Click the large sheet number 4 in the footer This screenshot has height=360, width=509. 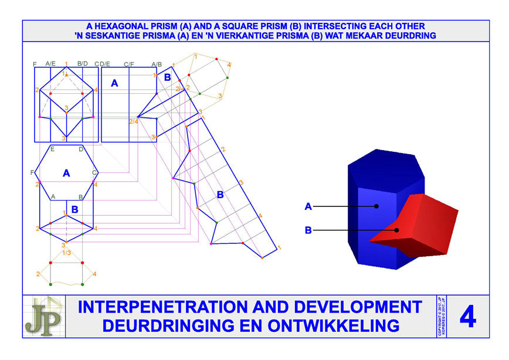467,317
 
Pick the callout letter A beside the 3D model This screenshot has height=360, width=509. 308,206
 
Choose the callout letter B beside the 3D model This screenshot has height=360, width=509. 308,230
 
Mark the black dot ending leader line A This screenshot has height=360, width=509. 377,206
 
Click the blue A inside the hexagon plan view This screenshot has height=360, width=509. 66,173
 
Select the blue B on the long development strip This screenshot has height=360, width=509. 220,195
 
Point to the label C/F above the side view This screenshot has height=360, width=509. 129,64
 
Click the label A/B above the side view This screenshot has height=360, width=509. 157,64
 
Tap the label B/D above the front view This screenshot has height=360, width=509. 83,64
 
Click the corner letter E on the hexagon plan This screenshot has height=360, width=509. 52,150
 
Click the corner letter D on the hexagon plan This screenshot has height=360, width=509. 81,150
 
